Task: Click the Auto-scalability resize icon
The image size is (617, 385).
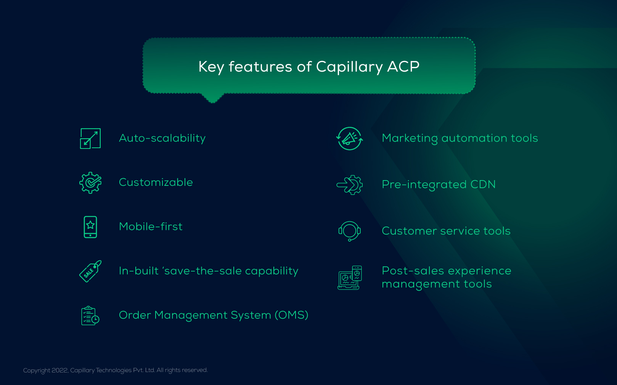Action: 90,138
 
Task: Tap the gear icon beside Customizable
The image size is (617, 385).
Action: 90,183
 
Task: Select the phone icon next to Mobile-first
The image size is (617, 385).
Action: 90,227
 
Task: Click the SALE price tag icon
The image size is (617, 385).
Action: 90,271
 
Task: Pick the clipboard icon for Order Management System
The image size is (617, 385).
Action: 90,316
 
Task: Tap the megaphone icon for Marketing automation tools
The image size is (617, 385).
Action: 350,139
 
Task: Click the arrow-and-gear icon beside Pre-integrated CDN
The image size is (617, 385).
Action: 350,185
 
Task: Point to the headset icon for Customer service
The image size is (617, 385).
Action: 350,231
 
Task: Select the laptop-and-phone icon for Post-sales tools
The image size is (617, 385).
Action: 350,278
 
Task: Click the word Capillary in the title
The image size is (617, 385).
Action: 349,67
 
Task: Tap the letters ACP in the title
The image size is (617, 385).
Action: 403,67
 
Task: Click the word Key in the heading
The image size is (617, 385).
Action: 211,67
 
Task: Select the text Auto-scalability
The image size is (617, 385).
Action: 162,138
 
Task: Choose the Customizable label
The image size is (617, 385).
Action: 156,182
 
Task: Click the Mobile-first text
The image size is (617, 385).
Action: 151,227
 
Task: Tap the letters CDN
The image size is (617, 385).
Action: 483,185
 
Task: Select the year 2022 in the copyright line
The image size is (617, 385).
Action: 60,371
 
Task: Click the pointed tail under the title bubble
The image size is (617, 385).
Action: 213,99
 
